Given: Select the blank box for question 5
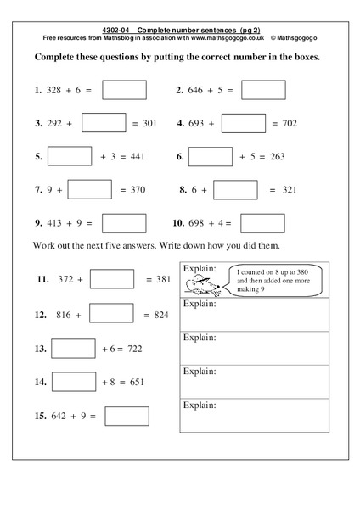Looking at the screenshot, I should pos(70,157).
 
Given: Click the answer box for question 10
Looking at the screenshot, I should pos(262,223).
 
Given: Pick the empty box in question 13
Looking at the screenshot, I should pos(73,349).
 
